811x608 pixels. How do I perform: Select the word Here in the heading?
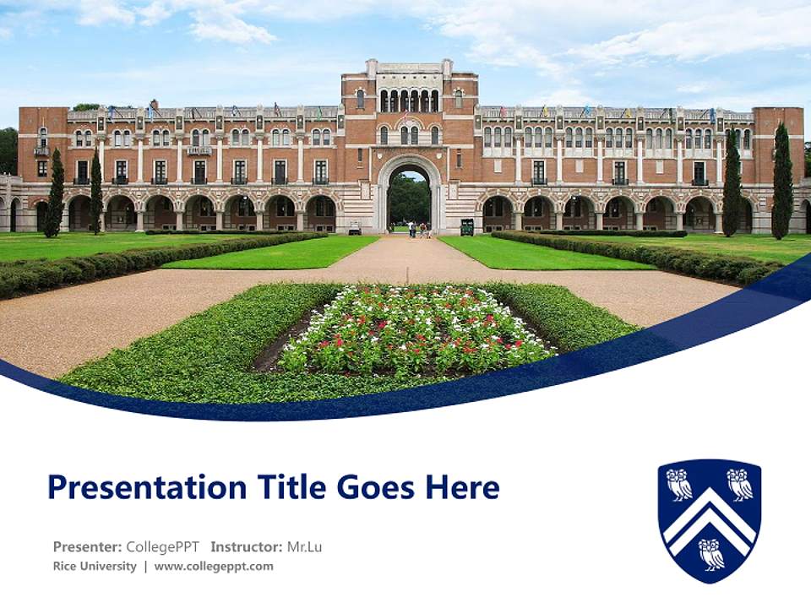462,487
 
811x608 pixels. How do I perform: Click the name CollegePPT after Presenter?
163,547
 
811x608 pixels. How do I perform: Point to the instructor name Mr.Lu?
304,547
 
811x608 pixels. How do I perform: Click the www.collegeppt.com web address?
214,567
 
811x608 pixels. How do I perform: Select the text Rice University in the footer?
95,567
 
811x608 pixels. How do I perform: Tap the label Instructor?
246,547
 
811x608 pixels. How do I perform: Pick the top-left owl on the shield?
678,485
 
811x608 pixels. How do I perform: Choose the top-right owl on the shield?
740,485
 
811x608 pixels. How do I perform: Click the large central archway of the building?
409,198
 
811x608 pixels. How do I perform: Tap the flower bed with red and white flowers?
414,331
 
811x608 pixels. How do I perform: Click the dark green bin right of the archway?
466,227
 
